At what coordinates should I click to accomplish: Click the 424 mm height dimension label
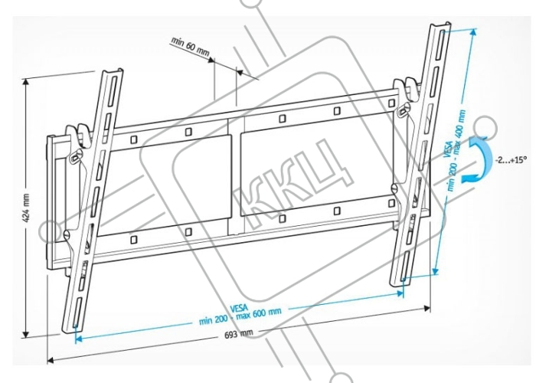tap(26, 208)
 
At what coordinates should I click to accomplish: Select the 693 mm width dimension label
tap(239, 334)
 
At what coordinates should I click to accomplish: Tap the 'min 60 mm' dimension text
tap(190, 46)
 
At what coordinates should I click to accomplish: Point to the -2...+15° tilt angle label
tap(511, 160)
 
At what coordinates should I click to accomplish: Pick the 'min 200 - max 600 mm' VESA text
tap(240, 316)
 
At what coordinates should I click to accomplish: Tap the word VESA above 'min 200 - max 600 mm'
tap(239, 309)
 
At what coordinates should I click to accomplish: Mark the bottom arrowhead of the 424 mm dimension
tap(25, 333)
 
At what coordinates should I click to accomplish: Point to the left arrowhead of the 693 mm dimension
tap(51, 360)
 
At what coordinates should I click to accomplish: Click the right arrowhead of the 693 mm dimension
tap(427, 309)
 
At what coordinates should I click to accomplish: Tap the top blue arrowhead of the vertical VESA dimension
tap(473, 32)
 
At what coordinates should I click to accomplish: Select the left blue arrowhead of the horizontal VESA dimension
tap(78, 339)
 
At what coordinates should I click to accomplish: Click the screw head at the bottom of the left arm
tap(67, 234)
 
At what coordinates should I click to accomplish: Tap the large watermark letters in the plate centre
tap(292, 185)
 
